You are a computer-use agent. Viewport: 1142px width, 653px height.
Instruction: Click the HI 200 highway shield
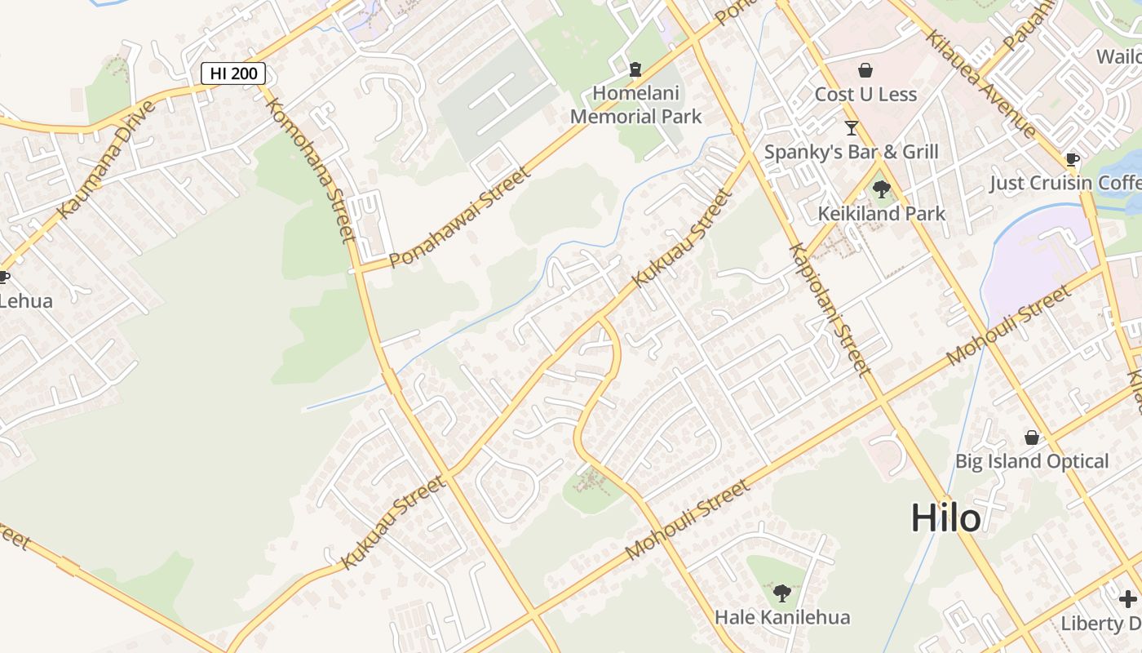coord(233,73)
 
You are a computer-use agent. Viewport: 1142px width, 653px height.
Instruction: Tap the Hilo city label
coord(945,518)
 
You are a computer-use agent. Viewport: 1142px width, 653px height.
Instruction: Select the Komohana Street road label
coord(311,170)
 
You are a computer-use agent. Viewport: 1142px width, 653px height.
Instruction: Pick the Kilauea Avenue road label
coord(982,84)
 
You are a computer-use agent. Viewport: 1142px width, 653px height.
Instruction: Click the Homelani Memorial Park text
coord(635,104)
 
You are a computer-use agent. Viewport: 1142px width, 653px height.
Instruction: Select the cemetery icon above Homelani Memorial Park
coord(635,69)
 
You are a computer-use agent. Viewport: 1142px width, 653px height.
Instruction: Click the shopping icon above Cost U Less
coord(865,71)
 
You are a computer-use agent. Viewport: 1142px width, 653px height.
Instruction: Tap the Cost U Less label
coord(865,94)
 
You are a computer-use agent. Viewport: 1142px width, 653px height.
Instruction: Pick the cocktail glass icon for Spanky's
coord(852,128)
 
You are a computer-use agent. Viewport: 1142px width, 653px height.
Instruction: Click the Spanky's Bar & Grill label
coord(851,152)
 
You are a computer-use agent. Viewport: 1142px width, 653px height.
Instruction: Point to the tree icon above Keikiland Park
coord(881,190)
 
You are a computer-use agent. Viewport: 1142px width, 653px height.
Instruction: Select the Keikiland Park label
coord(881,214)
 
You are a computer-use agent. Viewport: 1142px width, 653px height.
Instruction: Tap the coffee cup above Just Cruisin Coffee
coord(1072,159)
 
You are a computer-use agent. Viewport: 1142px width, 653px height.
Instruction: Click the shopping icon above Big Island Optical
coord(1032,438)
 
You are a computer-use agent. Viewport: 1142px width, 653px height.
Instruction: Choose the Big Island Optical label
coord(1032,461)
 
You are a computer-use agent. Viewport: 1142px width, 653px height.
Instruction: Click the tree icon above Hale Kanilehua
coord(782,593)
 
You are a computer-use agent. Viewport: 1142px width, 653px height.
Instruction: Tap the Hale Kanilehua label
coord(782,617)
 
